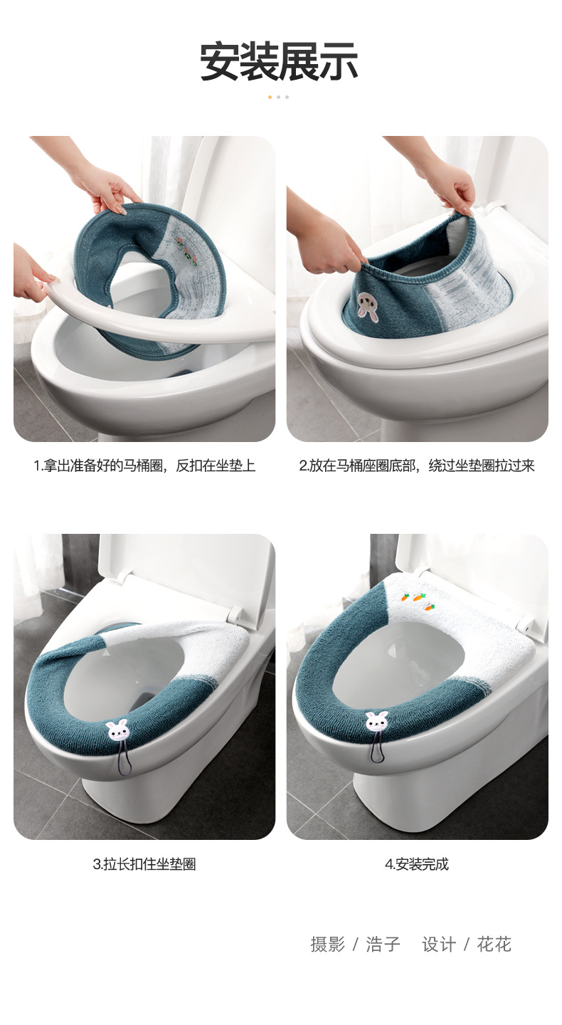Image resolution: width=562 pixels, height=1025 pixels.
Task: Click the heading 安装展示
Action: click(279, 62)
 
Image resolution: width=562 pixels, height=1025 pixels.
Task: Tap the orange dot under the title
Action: click(270, 97)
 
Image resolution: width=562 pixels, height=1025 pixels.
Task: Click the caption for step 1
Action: click(144, 466)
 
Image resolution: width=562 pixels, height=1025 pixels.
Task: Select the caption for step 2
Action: click(417, 466)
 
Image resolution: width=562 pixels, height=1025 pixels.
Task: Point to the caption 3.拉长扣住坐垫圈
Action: click(144, 865)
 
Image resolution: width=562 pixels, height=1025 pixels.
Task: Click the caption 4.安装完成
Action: click(417, 865)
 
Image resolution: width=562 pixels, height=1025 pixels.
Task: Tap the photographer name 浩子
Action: click(383, 945)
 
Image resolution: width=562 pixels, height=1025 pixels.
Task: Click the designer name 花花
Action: click(494, 945)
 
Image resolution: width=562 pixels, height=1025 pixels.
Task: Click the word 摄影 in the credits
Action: click(327, 945)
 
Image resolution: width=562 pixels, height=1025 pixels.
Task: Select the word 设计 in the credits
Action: click(439, 945)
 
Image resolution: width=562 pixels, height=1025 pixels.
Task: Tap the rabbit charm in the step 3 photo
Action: click(117, 730)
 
